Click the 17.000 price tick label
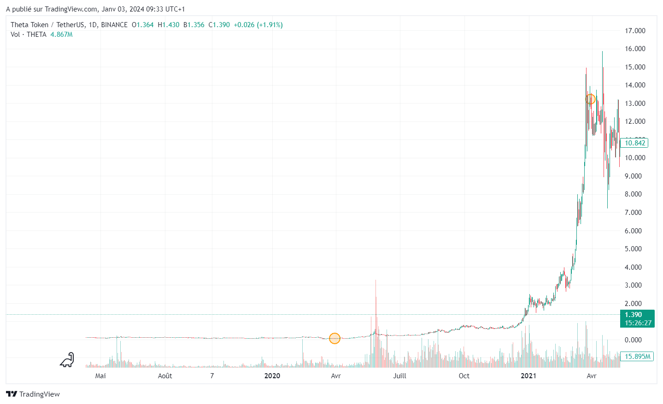(634, 31)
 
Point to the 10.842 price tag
(634, 143)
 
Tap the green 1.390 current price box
(637, 318)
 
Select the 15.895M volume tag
(637, 357)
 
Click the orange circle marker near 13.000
(590, 99)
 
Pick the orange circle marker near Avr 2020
(334, 339)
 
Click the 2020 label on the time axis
(272, 376)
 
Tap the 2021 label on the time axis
(528, 376)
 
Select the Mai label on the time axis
(100, 376)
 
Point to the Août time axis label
(165, 376)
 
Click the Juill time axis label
(400, 376)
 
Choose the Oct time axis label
(464, 376)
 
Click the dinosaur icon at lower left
(67, 360)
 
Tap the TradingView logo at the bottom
(33, 394)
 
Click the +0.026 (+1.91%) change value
(258, 25)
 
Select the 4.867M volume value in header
(61, 35)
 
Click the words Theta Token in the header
(29, 25)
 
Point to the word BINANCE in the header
(114, 25)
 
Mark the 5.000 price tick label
(633, 249)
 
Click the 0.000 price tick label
(633, 340)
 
